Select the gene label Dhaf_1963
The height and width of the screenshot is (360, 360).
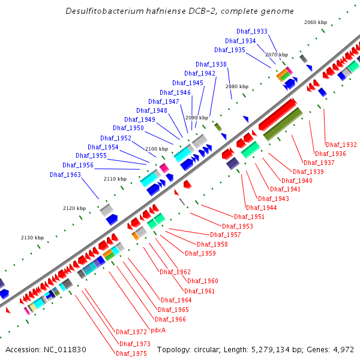pyautogui.click(x=65, y=175)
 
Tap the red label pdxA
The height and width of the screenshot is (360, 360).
pyautogui.click(x=158, y=330)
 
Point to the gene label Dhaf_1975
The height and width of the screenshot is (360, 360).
pyautogui.click(x=131, y=353)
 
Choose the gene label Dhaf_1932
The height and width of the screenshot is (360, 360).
pyautogui.click(x=341, y=145)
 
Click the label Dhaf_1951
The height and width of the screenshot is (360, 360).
pyautogui.click(x=249, y=217)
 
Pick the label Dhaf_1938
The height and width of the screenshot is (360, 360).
pyautogui.click(x=211, y=64)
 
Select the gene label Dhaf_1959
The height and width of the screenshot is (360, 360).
pyautogui.click(x=200, y=253)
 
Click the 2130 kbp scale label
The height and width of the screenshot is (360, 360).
pyautogui.click(x=32, y=238)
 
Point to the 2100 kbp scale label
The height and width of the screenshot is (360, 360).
pyautogui.click(x=157, y=148)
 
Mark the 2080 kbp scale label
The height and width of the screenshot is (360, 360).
pyautogui.click(x=237, y=86)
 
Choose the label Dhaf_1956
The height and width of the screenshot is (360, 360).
pyautogui.click(x=78, y=165)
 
